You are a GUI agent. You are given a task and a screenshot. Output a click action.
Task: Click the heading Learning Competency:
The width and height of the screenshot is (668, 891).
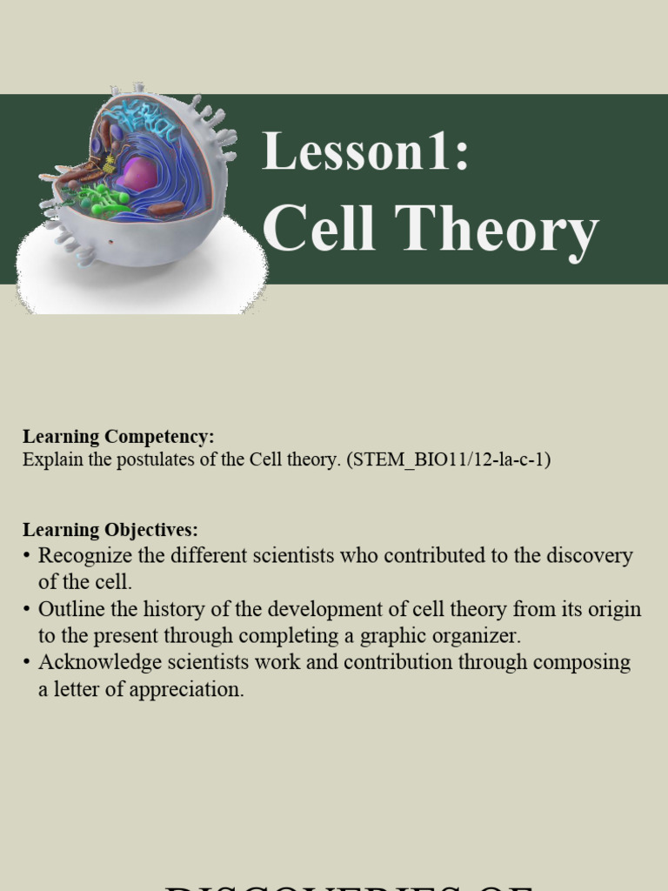(x=118, y=436)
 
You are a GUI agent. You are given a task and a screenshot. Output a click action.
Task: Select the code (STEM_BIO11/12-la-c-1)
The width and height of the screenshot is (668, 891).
(x=449, y=459)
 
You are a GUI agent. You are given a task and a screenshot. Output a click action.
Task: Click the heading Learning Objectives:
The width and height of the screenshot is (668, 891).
(x=110, y=529)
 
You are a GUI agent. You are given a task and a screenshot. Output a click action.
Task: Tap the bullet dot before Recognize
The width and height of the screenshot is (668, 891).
(x=28, y=555)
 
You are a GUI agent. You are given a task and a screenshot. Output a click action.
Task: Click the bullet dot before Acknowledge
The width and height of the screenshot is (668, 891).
(x=28, y=662)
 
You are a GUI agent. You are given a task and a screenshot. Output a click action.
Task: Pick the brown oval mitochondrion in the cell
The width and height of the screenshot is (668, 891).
(x=165, y=208)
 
